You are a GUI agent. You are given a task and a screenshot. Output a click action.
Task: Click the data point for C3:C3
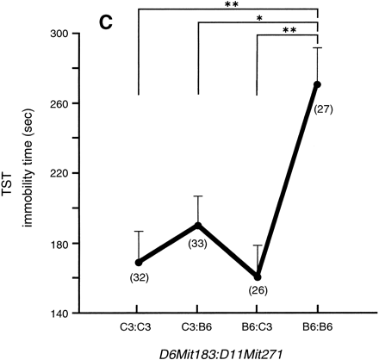click(x=138, y=262)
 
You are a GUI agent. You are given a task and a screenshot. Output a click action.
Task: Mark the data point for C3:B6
click(x=198, y=225)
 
